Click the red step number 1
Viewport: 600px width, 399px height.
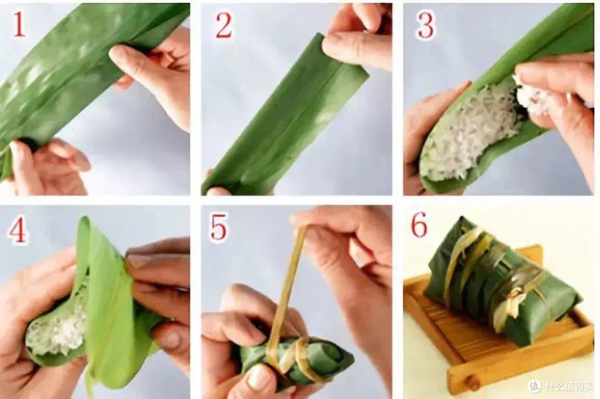pos(19,24)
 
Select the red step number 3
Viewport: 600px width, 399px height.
pos(426,25)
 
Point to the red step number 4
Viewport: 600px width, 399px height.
pos(18,231)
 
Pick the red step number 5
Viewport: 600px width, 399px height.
pos(218,228)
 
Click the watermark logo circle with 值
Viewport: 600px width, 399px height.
pos(534,386)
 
